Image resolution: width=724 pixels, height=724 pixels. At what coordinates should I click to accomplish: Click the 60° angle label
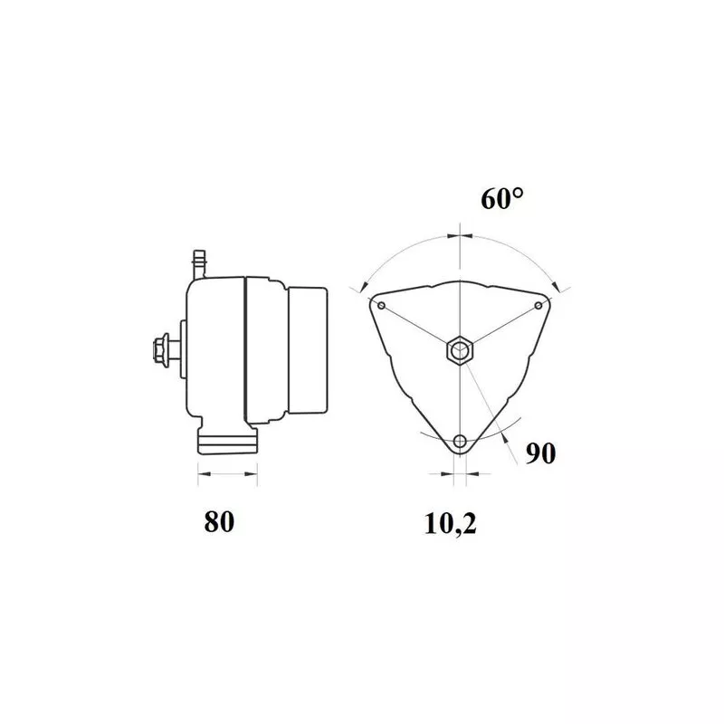point(502,199)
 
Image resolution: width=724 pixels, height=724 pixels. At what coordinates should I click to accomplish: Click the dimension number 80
point(219,522)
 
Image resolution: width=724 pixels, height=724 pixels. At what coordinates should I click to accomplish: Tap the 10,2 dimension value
point(450,524)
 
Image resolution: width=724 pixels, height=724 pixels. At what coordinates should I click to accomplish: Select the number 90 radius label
point(540,453)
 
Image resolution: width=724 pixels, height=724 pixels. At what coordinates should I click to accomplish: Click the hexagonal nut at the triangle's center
point(460,351)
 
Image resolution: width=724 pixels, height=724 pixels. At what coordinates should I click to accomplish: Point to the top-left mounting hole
point(381,306)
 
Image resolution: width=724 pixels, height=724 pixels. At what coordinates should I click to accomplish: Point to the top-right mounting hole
point(538,306)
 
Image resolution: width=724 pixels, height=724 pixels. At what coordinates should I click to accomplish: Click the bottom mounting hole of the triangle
point(460,441)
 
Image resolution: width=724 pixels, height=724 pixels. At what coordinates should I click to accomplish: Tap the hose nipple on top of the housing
point(199,264)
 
